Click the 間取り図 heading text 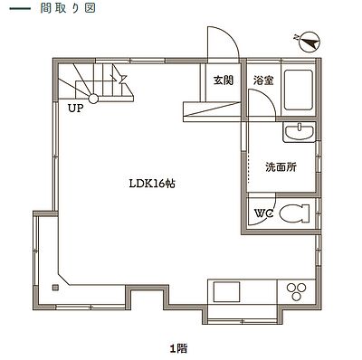[68, 8]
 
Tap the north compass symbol [310, 42]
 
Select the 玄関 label [224, 81]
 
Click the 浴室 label [263, 81]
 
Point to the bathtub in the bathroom [299, 90]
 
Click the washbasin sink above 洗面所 [299, 132]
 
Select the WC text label [263, 213]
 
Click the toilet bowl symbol [294, 213]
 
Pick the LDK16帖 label [152, 184]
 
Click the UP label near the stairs [75, 109]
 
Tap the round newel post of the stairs [93, 99]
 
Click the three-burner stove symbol [296, 291]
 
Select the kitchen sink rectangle [227, 291]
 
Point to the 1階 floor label [179, 349]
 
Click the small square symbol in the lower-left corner [55, 288]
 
